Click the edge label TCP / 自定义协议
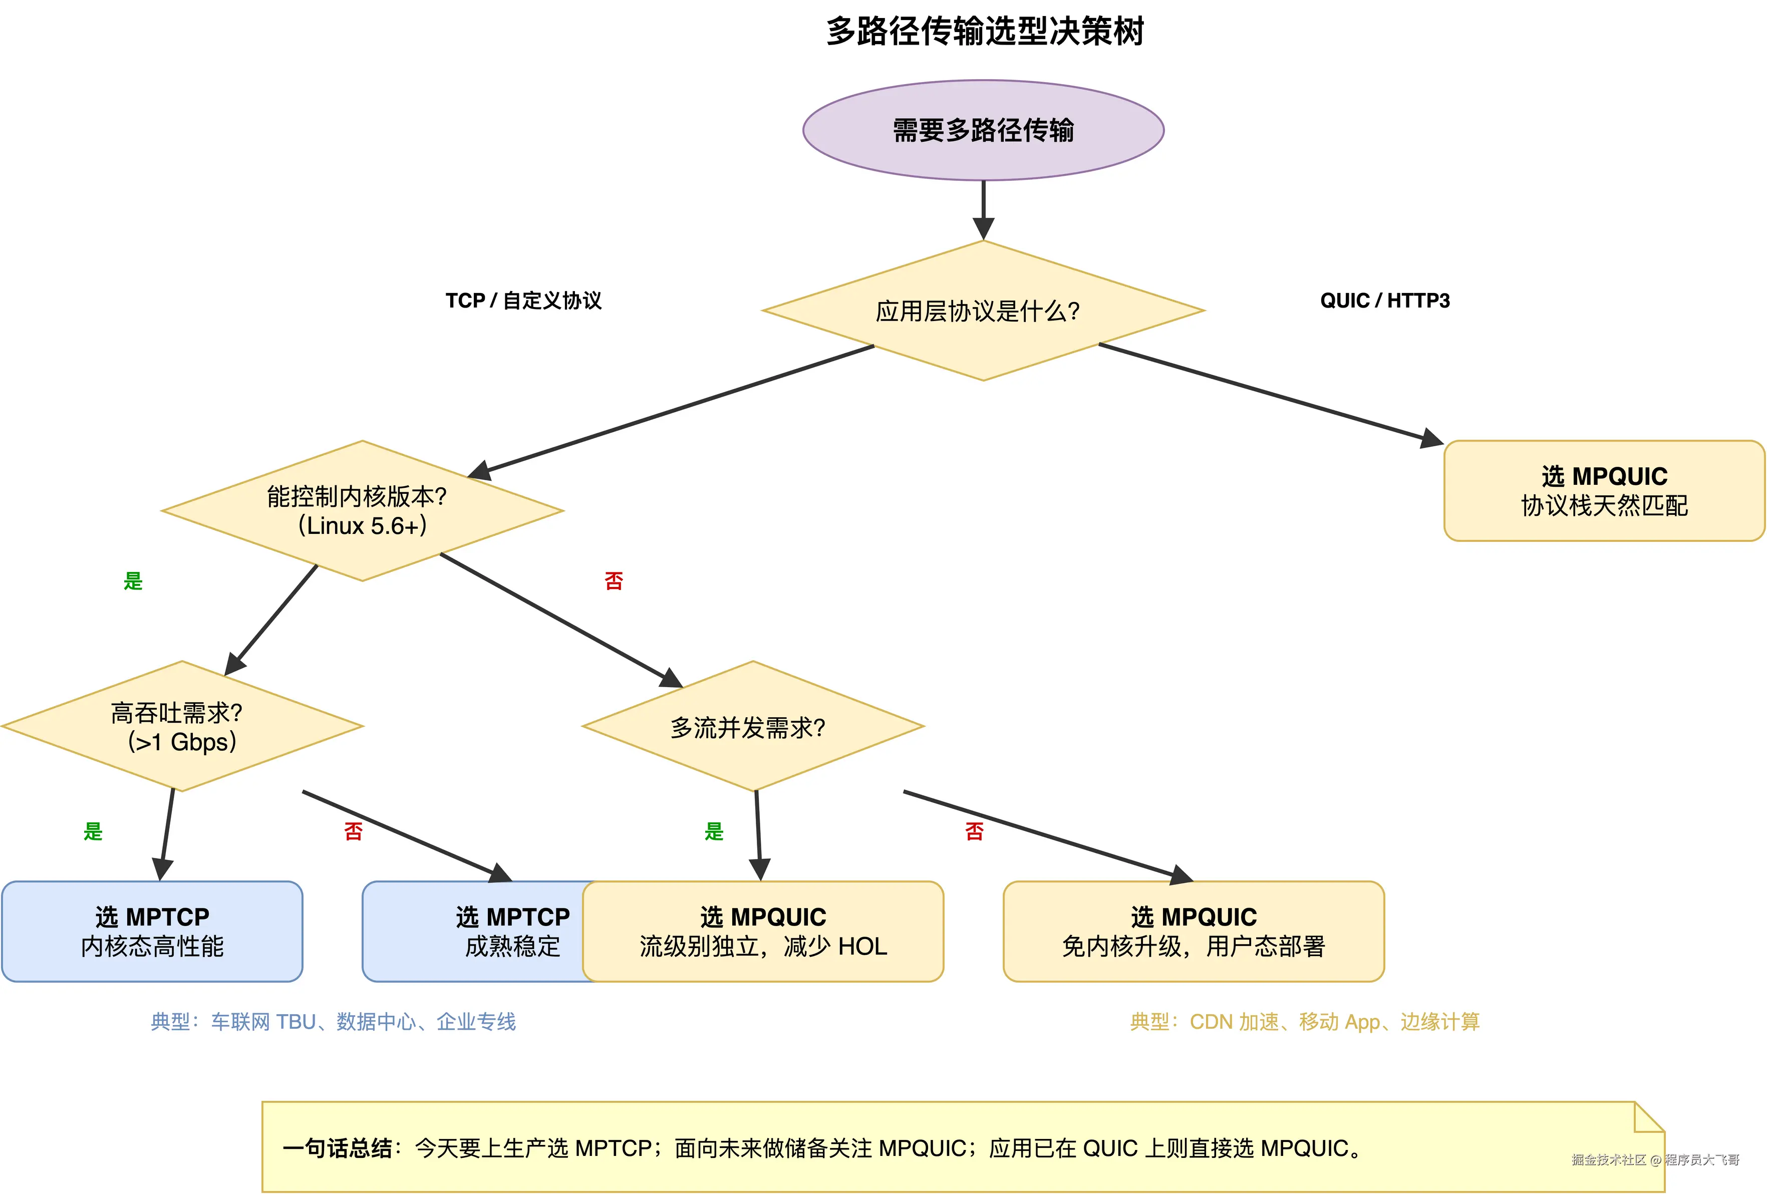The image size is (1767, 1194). click(523, 301)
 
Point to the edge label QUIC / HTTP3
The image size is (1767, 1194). click(1384, 301)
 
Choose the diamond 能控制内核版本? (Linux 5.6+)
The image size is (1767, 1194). click(362, 511)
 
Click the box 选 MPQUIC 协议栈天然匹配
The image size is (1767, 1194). click(1604, 490)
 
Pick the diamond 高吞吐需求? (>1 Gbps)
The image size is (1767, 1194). click(182, 726)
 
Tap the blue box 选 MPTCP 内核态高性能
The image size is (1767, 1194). click(152, 931)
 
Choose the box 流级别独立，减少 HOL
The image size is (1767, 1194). click(763, 931)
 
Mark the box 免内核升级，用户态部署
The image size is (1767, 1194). click(1193, 931)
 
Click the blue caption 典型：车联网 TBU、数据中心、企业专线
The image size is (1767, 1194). click(333, 1021)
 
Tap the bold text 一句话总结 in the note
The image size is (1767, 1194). click(337, 1147)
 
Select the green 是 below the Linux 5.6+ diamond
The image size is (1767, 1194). click(133, 581)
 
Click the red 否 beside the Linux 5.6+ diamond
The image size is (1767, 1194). click(614, 581)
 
